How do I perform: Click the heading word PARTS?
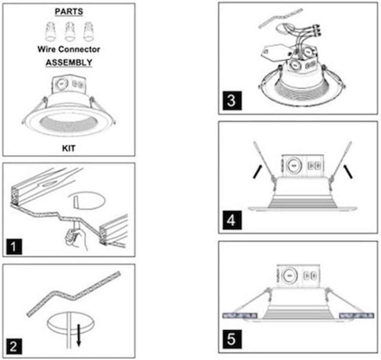coord(69,11)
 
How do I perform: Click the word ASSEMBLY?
coord(69,62)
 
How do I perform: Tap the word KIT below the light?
coord(69,148)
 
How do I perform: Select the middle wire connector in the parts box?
coord(69,32)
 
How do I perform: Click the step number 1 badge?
coord(14,247)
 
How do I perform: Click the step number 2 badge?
coord(14,346)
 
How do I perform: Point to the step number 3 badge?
coord(232,101)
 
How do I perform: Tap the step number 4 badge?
coord(232,220)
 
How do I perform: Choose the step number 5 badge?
coord(232,339)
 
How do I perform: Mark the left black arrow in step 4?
coord(257,171)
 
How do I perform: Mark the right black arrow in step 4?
coord(348,171)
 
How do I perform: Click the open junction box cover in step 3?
coord(276,52)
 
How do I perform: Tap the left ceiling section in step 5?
coord(240,316)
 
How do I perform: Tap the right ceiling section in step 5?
coord(357,316)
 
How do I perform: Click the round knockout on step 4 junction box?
coord(294,166)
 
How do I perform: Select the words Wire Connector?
coord(69,49)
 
